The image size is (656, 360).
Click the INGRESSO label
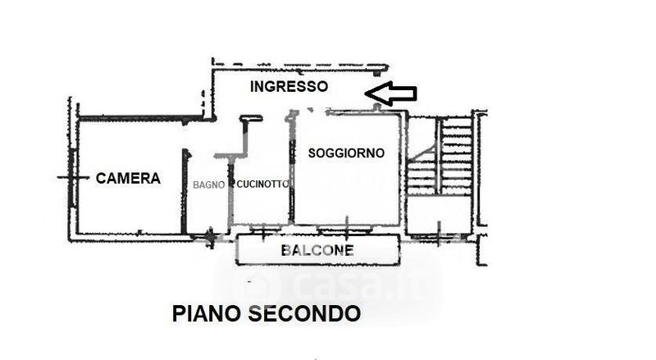(289, 86)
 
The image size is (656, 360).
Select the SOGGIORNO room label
(346, 153)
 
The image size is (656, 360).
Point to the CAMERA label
(128, 177)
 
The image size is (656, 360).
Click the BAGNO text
(208, 185)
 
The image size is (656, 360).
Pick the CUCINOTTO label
(262, 185)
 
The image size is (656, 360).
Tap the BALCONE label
(317, 250)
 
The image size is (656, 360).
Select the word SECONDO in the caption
(309, 313)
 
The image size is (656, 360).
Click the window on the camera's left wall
(74, 177)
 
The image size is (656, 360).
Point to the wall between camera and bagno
(185, 193)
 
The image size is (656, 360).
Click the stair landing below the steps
(439, 215)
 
